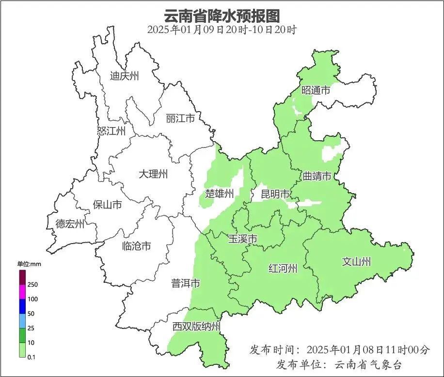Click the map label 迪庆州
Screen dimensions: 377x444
[x=124, y=76]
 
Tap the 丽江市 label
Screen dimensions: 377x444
[x=180, y=118]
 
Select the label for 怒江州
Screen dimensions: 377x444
[x=111, y=131]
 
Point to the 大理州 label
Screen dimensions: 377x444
[x=153, y=174]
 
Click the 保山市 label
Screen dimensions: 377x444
[x=107, y=205]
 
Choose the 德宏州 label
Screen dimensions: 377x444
[x=70, y=224]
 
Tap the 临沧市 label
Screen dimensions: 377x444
[x=136, y=246]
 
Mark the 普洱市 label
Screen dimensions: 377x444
[x=185, y=283]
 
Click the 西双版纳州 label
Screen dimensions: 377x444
[x=196, y=327]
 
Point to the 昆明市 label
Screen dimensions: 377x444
[x=275, y=194]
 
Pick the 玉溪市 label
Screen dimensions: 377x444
[x=242, y=239]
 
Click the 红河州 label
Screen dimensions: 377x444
[x=283, y=268]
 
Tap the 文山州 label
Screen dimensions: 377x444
[x=356, y=262]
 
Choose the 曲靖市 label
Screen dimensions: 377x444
[x=317, y=176]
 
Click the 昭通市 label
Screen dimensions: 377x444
[x=316, y=90]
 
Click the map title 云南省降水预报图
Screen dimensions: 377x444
[x=222, y=16]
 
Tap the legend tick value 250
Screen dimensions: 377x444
[x=33, y=284]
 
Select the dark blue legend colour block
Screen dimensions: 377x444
[x=22, y=306]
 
